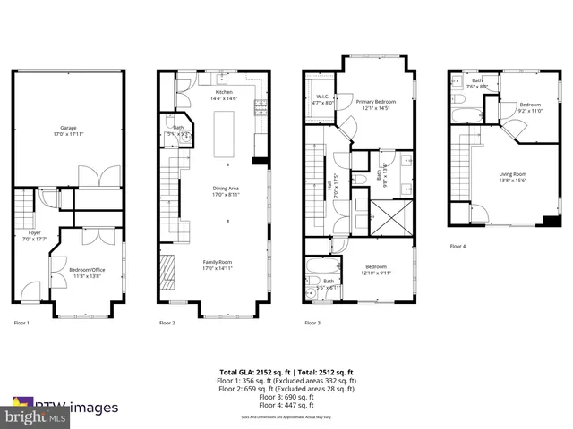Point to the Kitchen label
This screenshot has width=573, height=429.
click(223, 95)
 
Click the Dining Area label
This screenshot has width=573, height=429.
click(225, 190)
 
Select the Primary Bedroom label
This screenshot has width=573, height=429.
click(376, 105)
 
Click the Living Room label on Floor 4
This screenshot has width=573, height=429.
click(512, 177)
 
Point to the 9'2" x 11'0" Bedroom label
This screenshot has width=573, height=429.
click(531, 107)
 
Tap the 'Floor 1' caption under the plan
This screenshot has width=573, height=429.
click(21, 323)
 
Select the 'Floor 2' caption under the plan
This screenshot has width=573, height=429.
click(167, 323)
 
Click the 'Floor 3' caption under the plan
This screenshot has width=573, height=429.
click(312, 323)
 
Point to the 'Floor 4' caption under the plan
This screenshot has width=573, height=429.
click(458, 246)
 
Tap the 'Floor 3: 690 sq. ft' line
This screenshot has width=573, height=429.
click(286, 395)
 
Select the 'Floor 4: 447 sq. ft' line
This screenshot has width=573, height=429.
click(286, 403)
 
